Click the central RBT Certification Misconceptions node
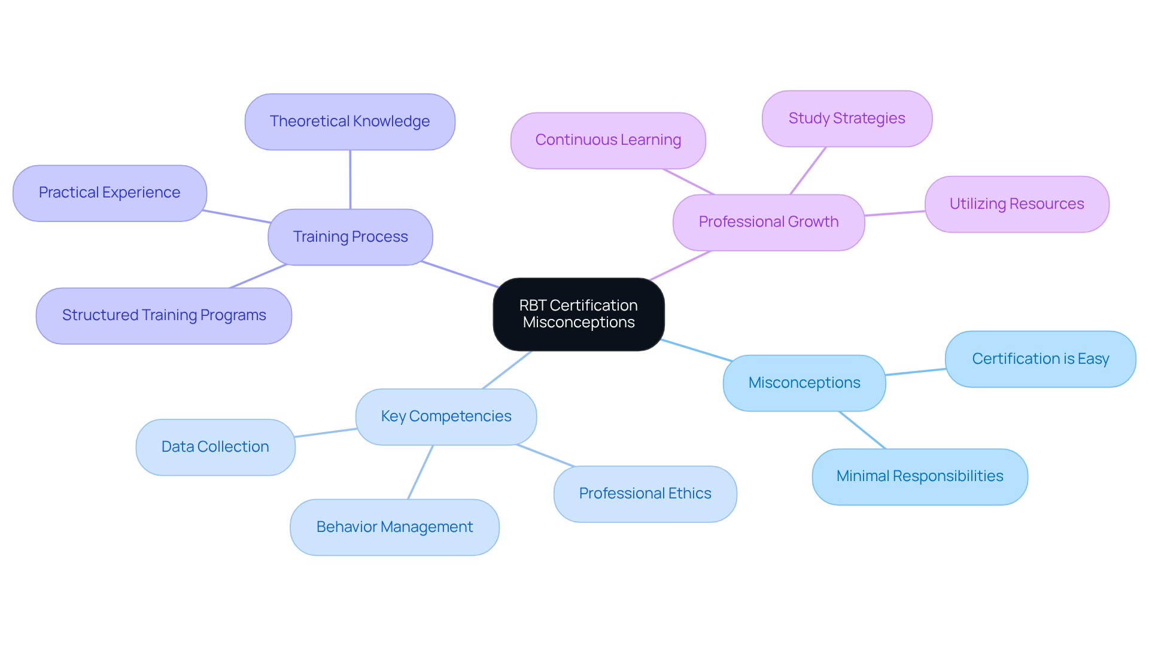click(x=578, y=314)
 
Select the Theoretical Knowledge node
click(x=349, y=121)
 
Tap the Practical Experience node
click(x=110, y=193)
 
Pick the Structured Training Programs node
click(x=163, y=315)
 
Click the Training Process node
click(x=350, y=237)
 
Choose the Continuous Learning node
click(x=608, y=140)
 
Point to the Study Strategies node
click(x=846, y=118)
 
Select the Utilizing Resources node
click(x=1016, y=204)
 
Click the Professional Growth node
click(x=768, y=222)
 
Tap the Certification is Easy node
click(x=1040, y=359)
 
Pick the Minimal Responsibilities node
click(x=919, y=476)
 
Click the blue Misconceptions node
click(x=804, y=383)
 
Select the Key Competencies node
click(x=446, y=416)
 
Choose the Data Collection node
click(x=215, y=447)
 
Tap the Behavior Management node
click(x=394, y=527)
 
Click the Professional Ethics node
click(x=645, y=494)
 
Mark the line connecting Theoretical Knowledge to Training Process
click(x=350, y=180)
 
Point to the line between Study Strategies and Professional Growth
click(x=808, y=171)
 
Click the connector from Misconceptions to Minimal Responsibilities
click(x=862, y=430)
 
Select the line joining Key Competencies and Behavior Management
click(x=420, y=472)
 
